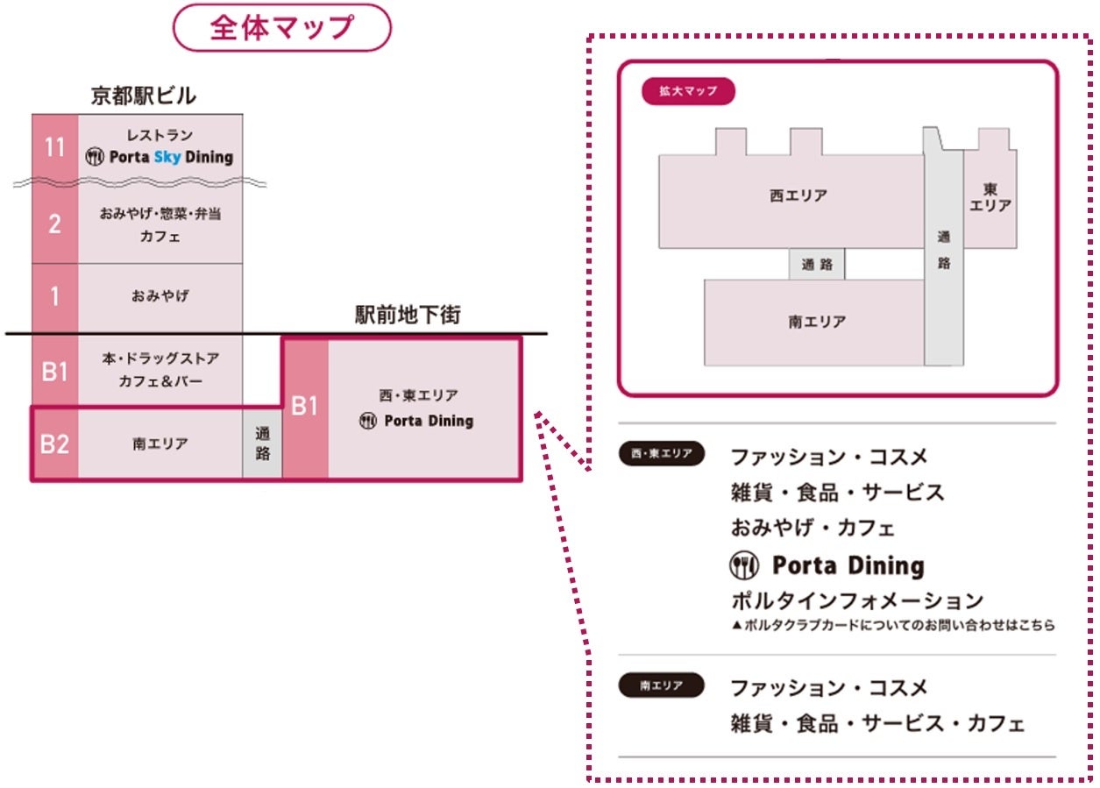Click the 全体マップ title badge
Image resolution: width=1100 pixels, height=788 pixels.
(x=281, y=28)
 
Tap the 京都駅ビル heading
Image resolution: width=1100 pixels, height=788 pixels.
(x=144, y=96)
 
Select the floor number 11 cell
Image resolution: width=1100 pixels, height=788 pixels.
(x=55, y=147)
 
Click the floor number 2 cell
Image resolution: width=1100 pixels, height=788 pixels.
(x=55, y=224)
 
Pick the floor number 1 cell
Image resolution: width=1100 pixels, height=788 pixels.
(x=55, y=297)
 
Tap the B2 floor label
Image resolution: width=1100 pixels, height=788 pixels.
(x=55, y=444)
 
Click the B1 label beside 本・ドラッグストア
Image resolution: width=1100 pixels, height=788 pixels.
(x=55, y=371)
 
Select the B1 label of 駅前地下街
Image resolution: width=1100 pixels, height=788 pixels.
(x=304, y=407)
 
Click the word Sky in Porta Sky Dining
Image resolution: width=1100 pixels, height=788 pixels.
(x=166, y=158)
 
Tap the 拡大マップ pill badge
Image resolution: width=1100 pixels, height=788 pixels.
(x=688, y=91)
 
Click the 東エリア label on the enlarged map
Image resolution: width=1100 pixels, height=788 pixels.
(x=990, y=198)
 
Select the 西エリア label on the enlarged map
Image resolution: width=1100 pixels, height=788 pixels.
(x=798, y=196)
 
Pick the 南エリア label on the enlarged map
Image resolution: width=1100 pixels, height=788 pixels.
(x=817, y=322)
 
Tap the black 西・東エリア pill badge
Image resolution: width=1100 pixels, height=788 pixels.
(x=662, y=454)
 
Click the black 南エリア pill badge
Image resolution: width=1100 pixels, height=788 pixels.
(x=662, y=685)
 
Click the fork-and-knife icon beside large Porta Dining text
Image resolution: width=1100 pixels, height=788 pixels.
(x=744, y=566)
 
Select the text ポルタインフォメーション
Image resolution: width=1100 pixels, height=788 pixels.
(x=856, y=601)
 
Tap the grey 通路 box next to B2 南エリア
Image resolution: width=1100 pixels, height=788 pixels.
(x=263, y=444)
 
